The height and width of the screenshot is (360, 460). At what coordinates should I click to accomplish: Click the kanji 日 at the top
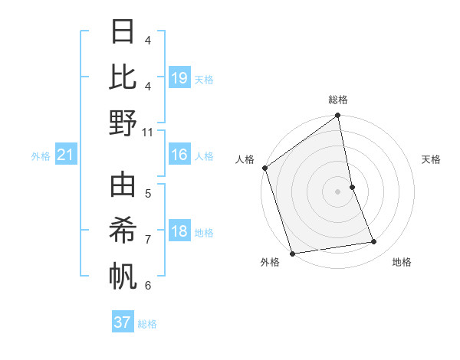(123, 32)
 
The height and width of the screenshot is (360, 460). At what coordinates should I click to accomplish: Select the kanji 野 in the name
(123, 123)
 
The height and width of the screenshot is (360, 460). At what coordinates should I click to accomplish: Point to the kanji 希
(123, 231)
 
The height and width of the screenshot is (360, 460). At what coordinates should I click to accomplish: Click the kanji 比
(123, 77)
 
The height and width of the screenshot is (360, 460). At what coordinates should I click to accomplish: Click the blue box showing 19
(179, 77)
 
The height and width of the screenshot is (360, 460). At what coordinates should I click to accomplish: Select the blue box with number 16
(179, 155)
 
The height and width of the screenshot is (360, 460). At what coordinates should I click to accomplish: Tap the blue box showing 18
(179, 231)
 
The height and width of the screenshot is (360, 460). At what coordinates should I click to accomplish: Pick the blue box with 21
(66, 155)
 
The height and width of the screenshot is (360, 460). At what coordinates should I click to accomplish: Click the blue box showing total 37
(123, 322)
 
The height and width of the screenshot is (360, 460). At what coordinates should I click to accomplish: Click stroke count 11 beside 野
(148, 132)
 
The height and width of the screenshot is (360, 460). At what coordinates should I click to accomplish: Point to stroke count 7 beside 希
(148, 239)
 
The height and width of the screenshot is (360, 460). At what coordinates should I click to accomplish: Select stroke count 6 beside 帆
(148, 285)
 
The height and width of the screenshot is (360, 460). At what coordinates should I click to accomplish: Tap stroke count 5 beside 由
(148, 193)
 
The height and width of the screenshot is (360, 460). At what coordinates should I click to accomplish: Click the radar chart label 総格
(338, 100)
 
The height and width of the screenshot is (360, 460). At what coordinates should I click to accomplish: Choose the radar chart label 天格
(431, 159)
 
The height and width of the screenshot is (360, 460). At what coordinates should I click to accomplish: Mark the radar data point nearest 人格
(264, 168)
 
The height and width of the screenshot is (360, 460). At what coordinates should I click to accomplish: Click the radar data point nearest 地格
(374, 242)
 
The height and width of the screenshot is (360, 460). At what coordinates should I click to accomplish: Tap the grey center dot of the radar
(338, 191)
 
